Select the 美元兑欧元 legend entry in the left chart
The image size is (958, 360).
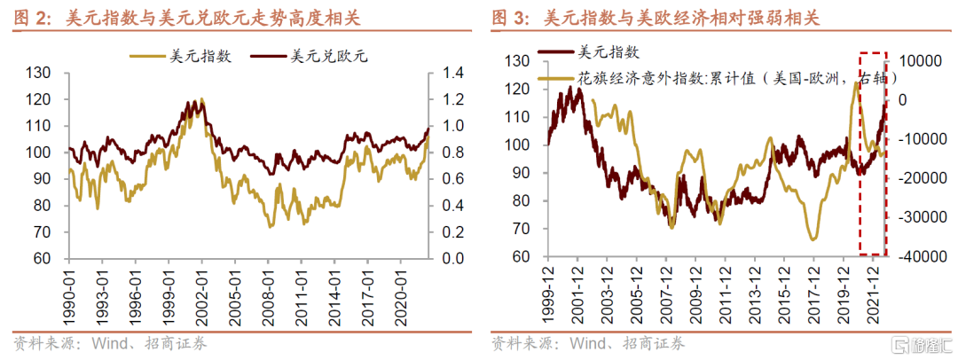click(329, 57)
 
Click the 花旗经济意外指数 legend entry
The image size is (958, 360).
click(727, 79)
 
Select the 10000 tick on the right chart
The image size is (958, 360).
click(922, 61)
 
